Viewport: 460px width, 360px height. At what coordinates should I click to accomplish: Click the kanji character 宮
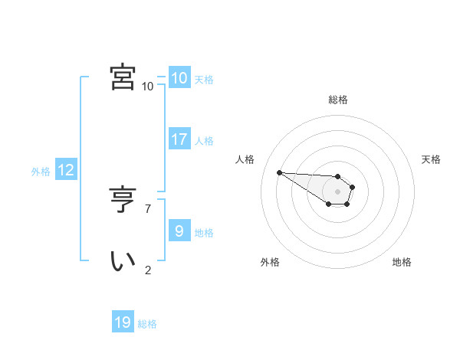(123, 77)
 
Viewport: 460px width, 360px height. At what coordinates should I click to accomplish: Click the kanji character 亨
(123, 200)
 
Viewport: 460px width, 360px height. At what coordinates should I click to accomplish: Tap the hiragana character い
(123, 260)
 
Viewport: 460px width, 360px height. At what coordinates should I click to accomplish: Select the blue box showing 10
(179, 78)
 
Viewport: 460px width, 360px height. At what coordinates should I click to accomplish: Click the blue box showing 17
(179, 139)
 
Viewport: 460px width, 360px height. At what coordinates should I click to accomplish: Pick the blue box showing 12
(66, 171)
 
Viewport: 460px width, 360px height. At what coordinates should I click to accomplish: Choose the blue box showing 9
(179, 231)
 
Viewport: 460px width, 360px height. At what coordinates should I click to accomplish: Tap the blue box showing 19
(123, 322)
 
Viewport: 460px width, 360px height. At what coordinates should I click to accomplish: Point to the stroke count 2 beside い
(148, 270)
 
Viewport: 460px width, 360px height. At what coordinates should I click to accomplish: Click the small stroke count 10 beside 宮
(147, 86)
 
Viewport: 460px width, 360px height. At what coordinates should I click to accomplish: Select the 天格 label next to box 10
(204, 80)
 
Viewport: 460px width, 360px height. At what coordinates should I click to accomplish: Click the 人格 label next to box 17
(204, 141)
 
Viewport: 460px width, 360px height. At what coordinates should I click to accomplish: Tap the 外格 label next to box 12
(41, 172)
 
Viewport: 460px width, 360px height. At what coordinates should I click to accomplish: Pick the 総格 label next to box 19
(147, 324)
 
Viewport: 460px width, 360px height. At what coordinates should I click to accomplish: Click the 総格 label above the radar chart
(338, 100)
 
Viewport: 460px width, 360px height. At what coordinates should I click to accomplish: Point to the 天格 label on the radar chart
(432, 159)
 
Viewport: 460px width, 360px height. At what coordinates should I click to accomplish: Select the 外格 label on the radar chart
(270, 262)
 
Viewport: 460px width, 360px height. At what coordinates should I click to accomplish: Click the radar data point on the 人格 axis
(279, 172)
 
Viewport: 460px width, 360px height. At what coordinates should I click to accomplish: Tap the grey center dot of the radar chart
(338, 191)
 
